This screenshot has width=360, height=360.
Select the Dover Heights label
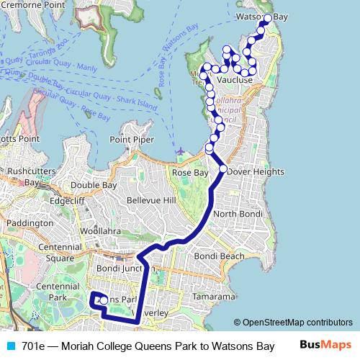[x=256, y=172]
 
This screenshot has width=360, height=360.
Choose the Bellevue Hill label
[x=150, y=199]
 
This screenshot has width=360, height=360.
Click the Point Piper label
[x=131, y=139]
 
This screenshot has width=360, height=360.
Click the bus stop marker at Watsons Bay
[x=268, y=18]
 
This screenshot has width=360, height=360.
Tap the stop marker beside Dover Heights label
[x=222, y=168]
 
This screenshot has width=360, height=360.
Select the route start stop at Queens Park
[x=104, y=300]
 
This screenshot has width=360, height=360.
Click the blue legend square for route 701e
[x=11, y=346]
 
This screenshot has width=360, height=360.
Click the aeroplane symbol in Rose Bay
[x=179, y=151]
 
